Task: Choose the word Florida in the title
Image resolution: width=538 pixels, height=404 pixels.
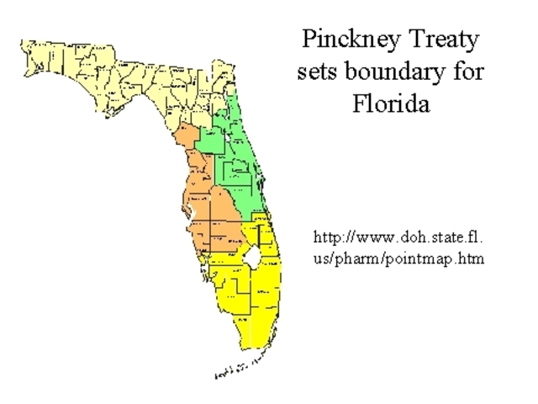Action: [x=391, y=104]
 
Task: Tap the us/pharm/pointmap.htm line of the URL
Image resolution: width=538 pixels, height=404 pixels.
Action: [x=398, y=258]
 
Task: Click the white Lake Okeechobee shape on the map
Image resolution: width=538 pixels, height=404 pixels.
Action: [x=251, y=257]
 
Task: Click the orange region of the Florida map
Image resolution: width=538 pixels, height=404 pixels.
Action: [x=210, y=210]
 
